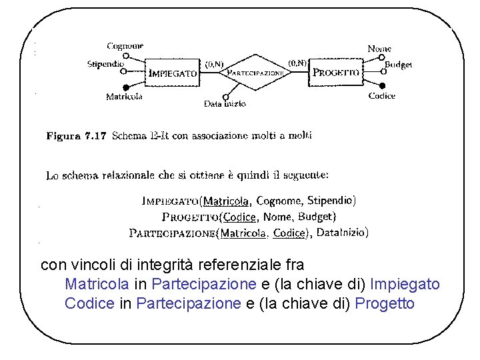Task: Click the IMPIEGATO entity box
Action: pyautogui.click(x=173, y=74)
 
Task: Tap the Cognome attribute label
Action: pyautogui.click(x=125, y=46)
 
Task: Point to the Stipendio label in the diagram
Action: pyautogui.click(x=106, y=64)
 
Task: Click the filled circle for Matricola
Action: pyautogui.click(x=125, y=87)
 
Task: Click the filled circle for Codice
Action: pyautogui.click(x=382, y=85)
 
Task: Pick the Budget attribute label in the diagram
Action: pyautogui.click(x=398, y=65)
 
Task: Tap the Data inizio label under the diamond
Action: pyautogui.click(x=225, y=103)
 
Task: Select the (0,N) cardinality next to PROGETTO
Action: pyautogui.click(x=297, y=63)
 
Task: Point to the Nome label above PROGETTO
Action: pyautogui.click(x=379, y=49)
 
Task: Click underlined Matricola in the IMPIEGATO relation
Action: pyautogui.click(x=226, y=201)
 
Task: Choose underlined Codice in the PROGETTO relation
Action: pyautogui.click(x=239, y=217)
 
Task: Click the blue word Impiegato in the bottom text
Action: pyautogui.click(x=405, y=285)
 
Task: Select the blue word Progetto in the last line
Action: pyautogui.click(x=385, y=304)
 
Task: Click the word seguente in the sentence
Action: pyautogui.click(x=305, y=176)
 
